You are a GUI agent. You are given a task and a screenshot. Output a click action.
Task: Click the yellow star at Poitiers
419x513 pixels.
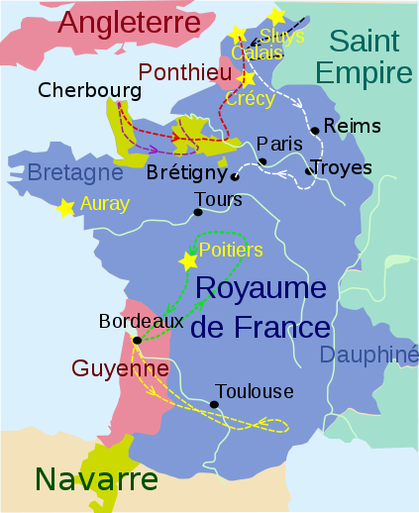(187, 261)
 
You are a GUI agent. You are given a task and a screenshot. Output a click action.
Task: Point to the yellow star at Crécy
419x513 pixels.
(248, 77)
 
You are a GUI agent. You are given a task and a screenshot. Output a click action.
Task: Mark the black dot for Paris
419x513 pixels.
(262, 161)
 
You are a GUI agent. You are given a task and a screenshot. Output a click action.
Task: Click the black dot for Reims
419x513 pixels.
(315, 130)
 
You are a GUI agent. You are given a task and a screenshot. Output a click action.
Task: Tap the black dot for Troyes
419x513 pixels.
(309, 171)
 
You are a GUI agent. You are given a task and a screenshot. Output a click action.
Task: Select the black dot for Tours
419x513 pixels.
(199, 212)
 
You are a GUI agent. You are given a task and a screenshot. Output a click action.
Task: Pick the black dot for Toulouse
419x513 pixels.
(214, 404)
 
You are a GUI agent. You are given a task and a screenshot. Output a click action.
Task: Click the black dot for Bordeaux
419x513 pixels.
(136, 341)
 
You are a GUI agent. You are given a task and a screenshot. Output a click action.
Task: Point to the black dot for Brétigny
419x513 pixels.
(235, 178)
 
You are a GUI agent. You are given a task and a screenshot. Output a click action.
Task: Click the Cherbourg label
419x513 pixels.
(89, 90)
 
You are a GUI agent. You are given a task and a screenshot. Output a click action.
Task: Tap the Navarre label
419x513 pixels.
(96, 479)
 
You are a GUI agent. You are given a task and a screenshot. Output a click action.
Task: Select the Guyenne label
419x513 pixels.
(120, 368)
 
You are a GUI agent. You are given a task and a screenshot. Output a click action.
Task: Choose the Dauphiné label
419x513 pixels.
(370, 355)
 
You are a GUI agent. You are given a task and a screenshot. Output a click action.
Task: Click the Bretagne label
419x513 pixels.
(75, 172)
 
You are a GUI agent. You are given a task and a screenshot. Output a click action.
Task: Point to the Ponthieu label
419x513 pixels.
(185, 72)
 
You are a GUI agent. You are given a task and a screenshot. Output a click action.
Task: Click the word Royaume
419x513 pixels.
(262, 288)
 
